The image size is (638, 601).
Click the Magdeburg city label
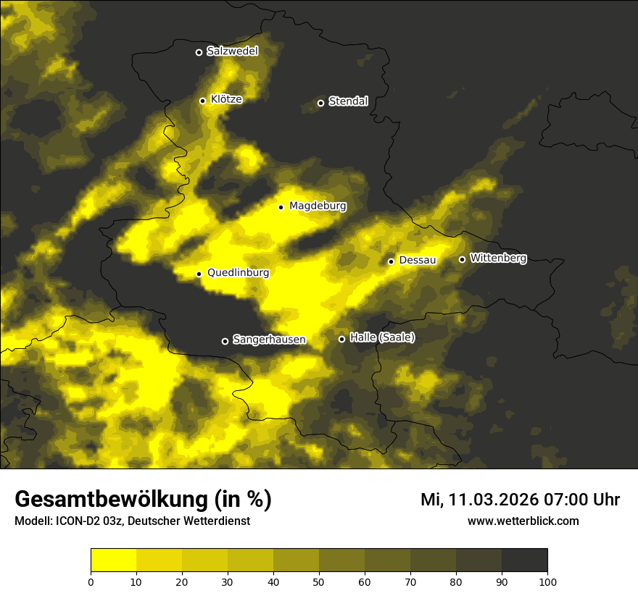[x=318, y=206]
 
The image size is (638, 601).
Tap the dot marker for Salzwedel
[x=199, y=52]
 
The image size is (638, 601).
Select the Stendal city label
[x=348, y=101]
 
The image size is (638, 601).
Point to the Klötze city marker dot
[x=203, y=101]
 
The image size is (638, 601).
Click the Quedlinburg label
[x=238, y=273]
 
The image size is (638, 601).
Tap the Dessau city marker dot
[x=391, y=261]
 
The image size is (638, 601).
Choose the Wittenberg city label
[x=498, y=258]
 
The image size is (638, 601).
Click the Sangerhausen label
[x=269, y=340]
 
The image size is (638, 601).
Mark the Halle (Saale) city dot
[x=341, y=339]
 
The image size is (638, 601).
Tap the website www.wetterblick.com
[x=523, y=521]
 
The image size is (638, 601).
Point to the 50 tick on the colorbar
[x=319, y=581]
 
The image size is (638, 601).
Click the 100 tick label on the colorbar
[x=547, y=581]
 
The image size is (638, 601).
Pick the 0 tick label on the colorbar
[x=91, y=581]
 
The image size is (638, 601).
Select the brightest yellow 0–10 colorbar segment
[x=114, y=560]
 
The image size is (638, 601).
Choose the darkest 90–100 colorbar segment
[x=524, y=560]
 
